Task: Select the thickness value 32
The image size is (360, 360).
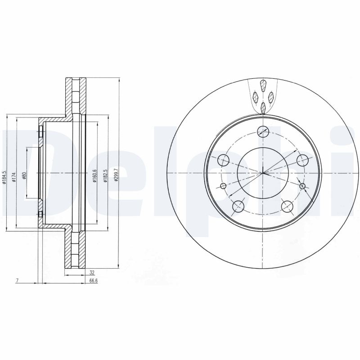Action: point(92,273)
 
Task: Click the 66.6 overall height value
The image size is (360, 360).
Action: point(94,281)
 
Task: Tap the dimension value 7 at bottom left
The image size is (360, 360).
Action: point(17,281)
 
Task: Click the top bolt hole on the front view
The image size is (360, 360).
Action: point(263,131)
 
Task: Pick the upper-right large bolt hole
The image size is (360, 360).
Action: point(303,160)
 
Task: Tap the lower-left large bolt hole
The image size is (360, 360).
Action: point(238,207)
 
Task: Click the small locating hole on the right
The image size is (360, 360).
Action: point(302,186)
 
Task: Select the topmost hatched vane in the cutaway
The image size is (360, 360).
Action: point(263,86)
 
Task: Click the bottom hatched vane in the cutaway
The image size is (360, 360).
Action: point(263,107)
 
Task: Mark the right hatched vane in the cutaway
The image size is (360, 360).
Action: point(271,96)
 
